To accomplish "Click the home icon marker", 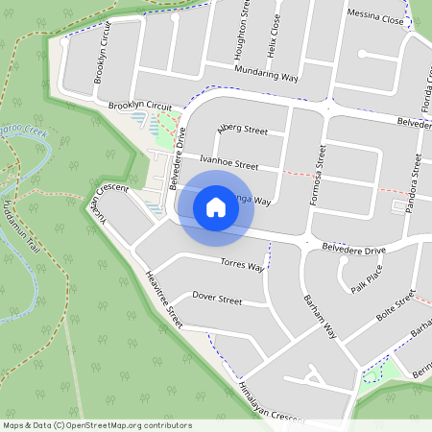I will pos(216,206).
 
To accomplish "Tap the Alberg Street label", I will pos(242,129).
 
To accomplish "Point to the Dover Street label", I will pos(217,299).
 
